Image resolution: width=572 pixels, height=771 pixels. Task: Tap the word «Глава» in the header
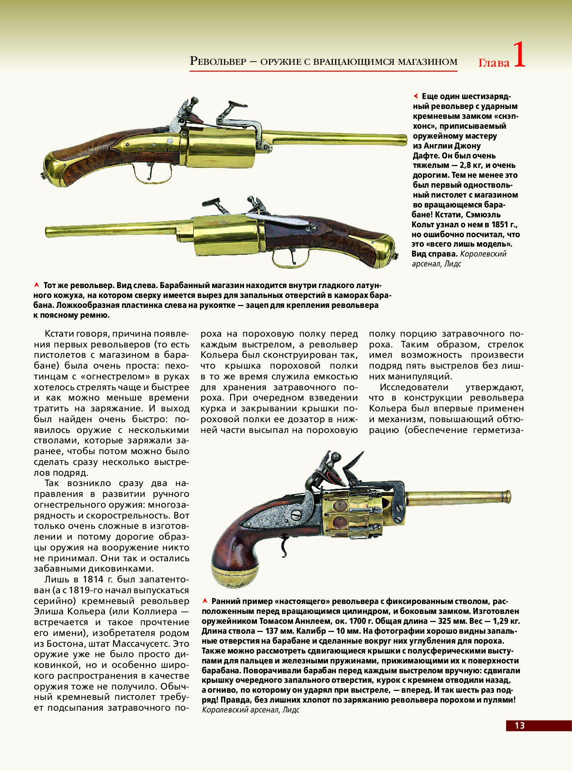tap(494, 63)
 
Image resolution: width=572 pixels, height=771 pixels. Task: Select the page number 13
tap(519, 725)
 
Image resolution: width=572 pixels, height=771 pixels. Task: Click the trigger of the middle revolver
tap(292, 257)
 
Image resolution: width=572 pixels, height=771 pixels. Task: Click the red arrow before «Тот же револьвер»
tap(36, 285)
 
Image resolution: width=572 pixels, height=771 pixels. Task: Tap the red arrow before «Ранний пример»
tap(205, 601)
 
